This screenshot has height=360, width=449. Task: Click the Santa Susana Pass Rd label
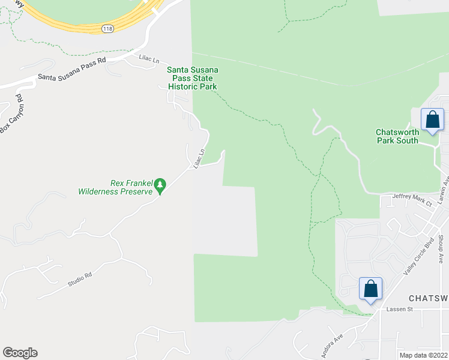(71, 68)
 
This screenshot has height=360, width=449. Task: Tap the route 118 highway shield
(107, 29)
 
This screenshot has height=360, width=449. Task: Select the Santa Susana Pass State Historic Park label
(192, 79)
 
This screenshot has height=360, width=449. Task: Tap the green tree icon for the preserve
(160, 186)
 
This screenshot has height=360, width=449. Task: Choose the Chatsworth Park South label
(397, 136)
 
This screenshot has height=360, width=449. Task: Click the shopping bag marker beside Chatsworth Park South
(432, 119)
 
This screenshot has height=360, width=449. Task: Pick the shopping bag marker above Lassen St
(371, 289)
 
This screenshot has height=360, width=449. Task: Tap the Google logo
(20, 353)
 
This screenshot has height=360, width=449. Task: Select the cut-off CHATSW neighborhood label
(429, 298)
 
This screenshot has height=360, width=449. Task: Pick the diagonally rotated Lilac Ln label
(199, 158)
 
